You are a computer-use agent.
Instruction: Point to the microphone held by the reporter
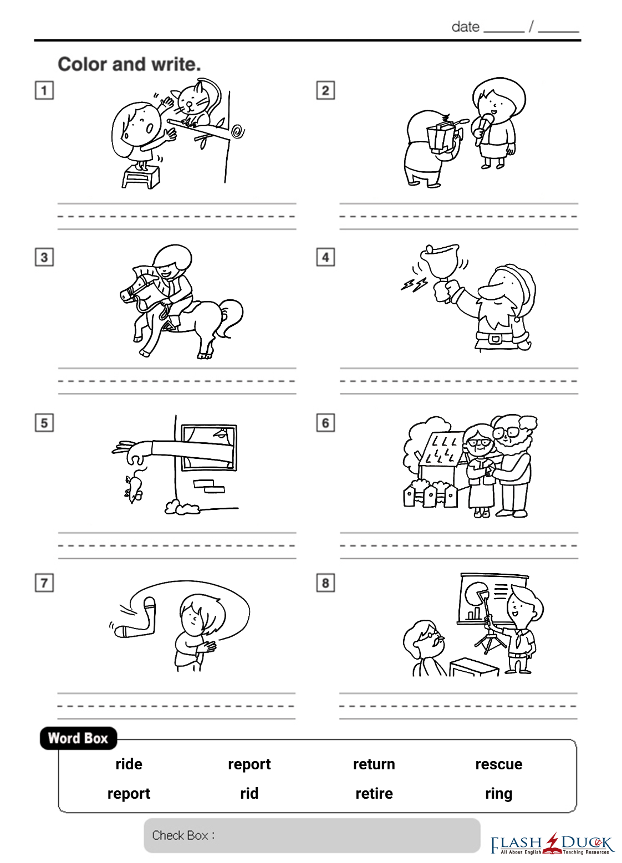pyautogui.click(x=484, y=129)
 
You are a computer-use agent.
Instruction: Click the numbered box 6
pyautogui.click(x=325, y=423)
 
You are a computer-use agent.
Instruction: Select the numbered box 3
pyautogui.click(x=44, y=257)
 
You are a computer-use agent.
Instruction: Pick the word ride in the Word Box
pyautogui.click(x=129, y=764)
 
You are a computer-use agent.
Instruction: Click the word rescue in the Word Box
pyautogui.click(x=499, y=764)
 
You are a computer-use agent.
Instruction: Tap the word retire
pyautogui.click(x=374, y=793)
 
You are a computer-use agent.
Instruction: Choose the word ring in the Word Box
pyautogui.click(x=499, y=794)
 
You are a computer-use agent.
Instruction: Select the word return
pyautogui.click(x=374, y=764)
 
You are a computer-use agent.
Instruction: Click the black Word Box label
pyautogui.click(x=78, y=738)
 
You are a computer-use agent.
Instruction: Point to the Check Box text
pyautogui.click(x=183, y=835)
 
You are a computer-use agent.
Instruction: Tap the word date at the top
pyautogui.click(x=466, y=27)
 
